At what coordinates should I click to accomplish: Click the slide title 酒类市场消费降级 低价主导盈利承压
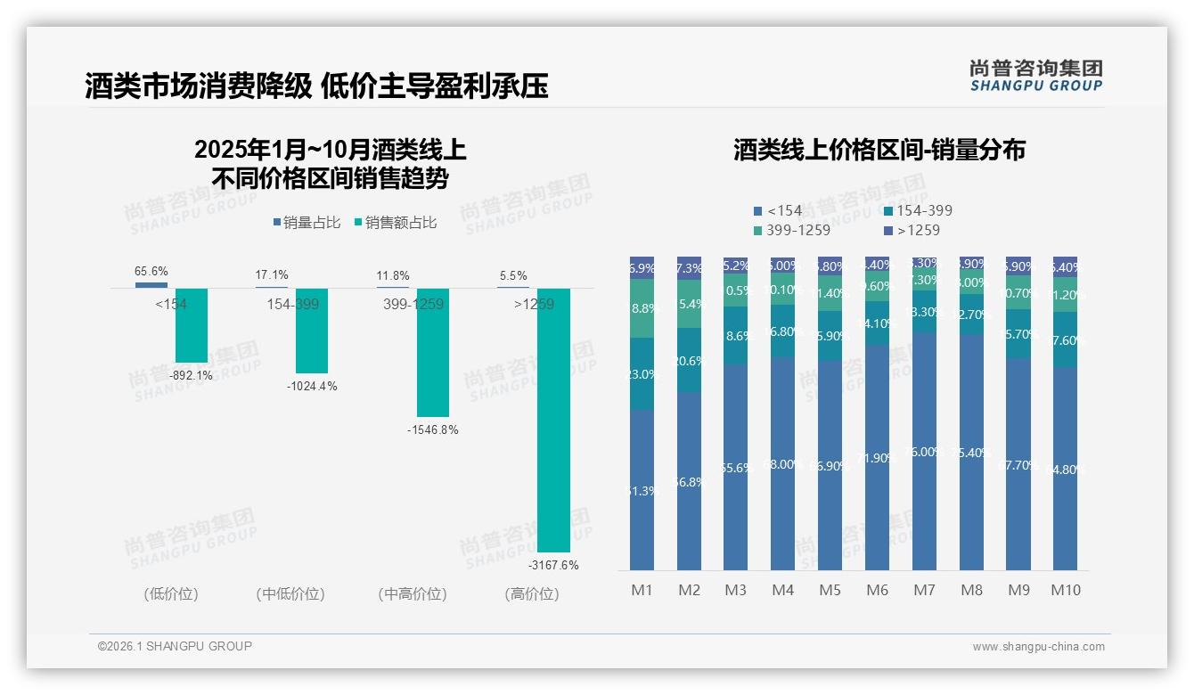point(316,86)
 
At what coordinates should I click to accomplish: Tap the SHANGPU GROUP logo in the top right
point(1035,76)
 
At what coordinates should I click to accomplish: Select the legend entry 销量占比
point(306,223)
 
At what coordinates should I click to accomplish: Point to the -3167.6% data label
point(552,565)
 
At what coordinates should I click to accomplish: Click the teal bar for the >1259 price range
point(552,419)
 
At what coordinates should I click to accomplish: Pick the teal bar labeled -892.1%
point(191,325)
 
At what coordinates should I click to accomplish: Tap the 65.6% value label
point(151,271)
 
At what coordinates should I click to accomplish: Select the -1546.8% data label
point(432,429)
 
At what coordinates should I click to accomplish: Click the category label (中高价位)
point(412,593)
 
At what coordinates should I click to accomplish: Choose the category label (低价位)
point(170,593)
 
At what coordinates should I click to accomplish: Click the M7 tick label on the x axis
point(924,590)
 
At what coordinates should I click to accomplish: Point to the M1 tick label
point(642,590)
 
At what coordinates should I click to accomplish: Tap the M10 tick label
point(1065,590)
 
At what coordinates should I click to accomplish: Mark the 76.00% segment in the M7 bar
point(924,452)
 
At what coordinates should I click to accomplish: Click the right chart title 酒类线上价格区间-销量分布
point(879,150)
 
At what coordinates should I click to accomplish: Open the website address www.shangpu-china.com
point(1038,647)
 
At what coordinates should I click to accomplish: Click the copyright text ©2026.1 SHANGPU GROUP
point(175,646)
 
